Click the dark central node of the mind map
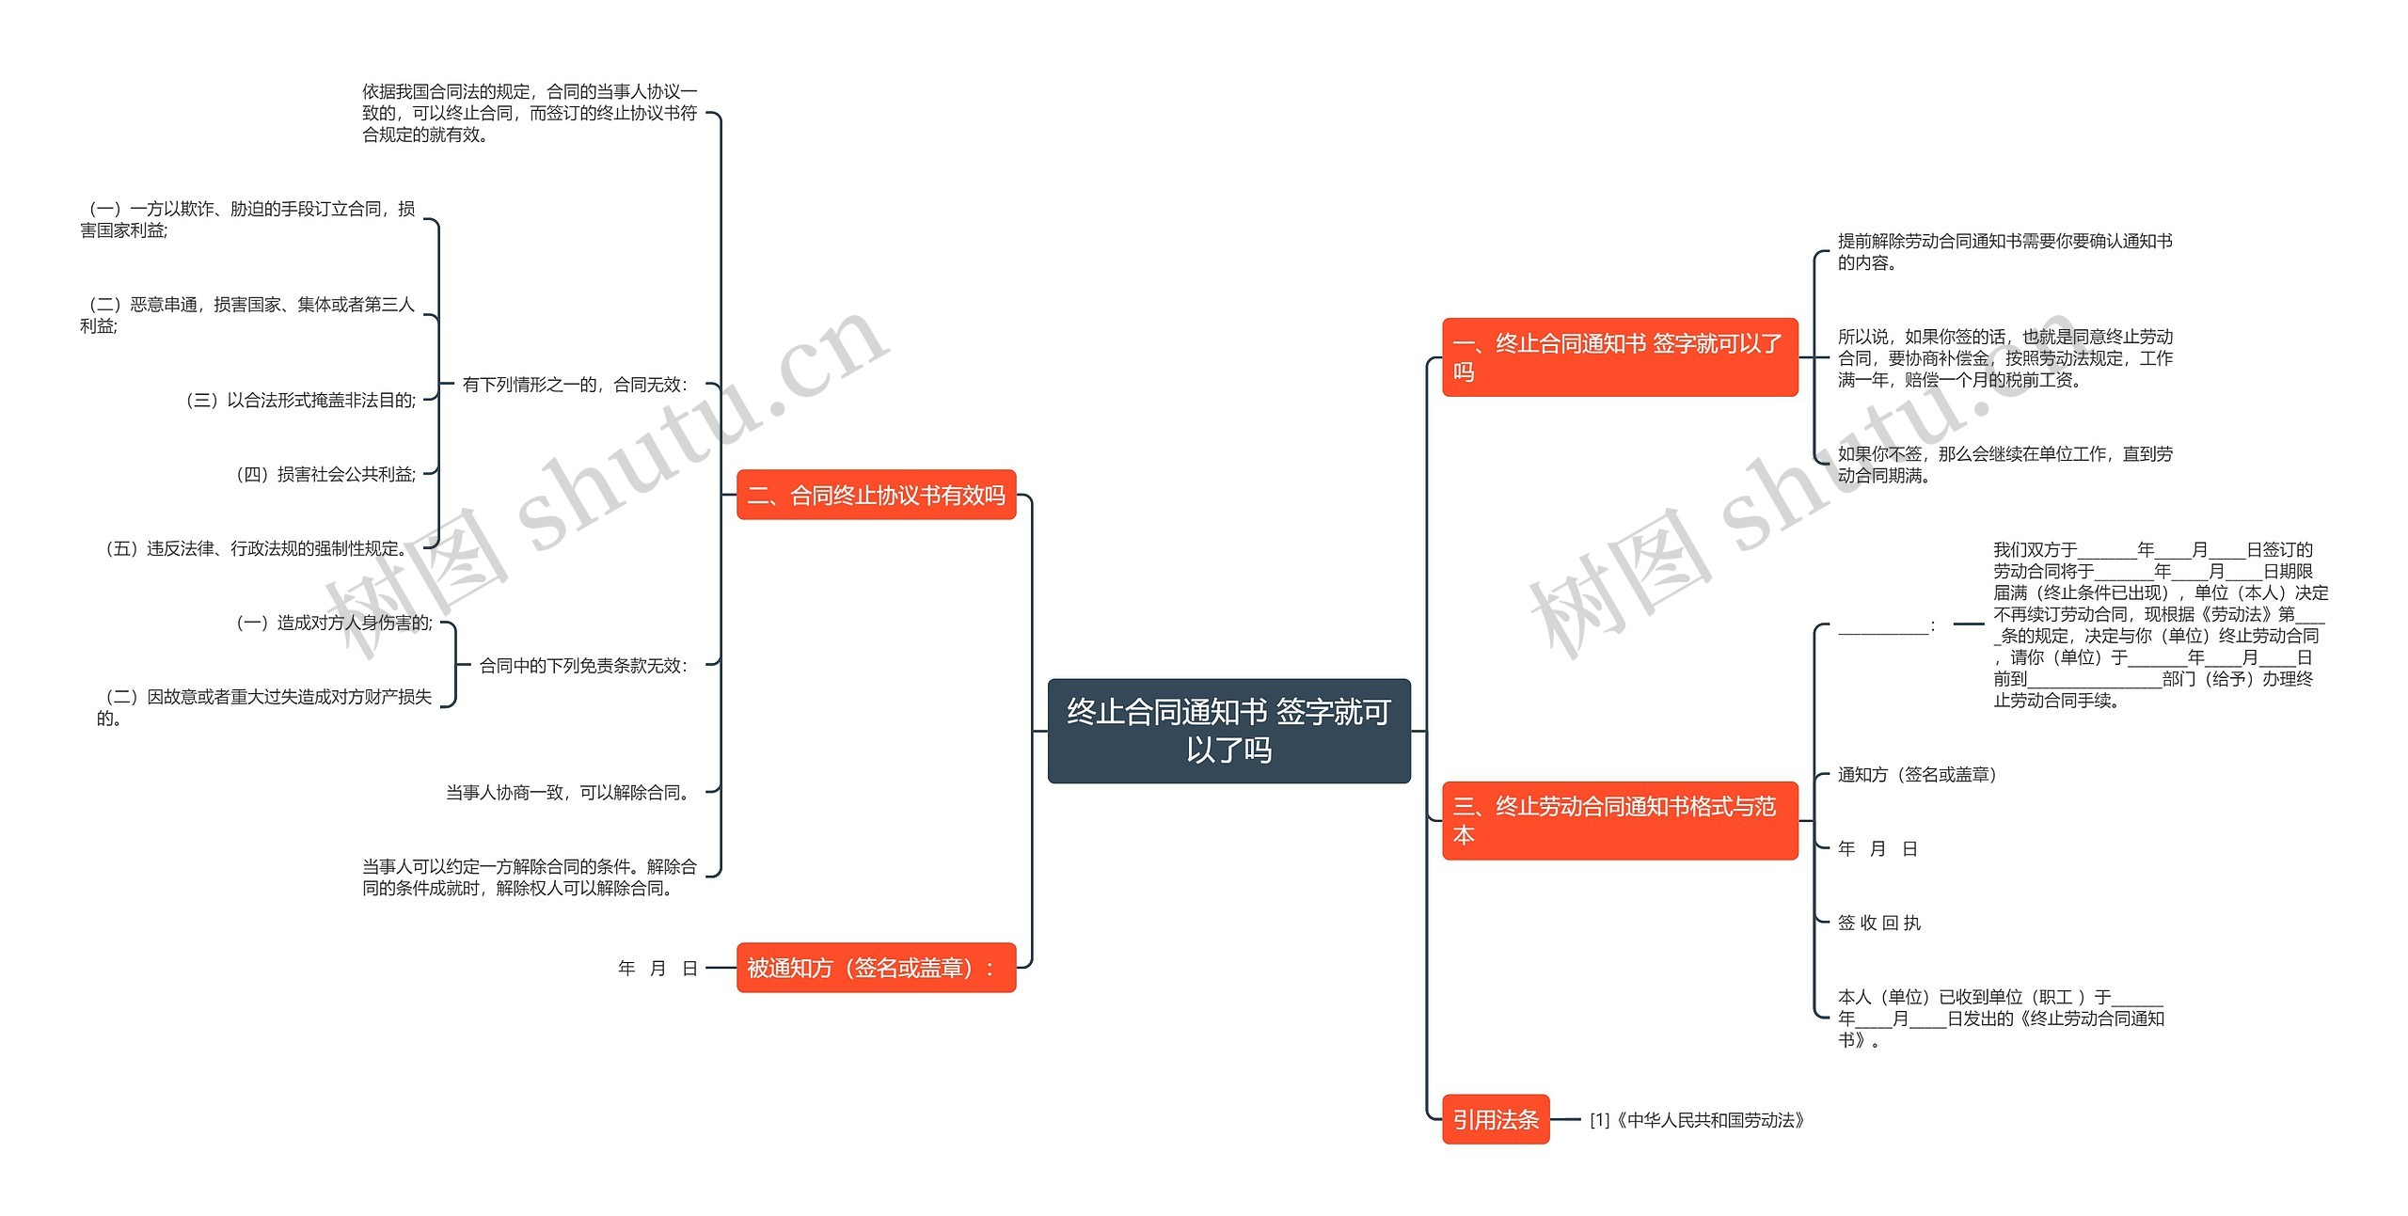pos(1228,731)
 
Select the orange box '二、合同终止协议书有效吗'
pos(876,495)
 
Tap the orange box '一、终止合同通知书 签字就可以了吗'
pos(1619,357)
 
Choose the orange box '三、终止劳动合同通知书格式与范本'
pos(1619,820)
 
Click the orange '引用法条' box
pos(1495,1119)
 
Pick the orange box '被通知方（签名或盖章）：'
pos(876,968)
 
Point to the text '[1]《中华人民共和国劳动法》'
pos(1696,1120)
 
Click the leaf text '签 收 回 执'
pos(1878,924)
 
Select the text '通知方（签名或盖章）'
pos(1916,775)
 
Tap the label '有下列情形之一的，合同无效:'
pos(575,385)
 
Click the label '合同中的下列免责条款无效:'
pos(583,666)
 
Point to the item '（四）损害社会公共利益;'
pos(325,475)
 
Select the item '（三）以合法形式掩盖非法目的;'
pos(300,401)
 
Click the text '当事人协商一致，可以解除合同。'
pos(570,793)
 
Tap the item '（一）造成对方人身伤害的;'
pos(334,623)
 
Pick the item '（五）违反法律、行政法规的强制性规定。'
pos(255,548)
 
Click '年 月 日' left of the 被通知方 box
pos(657,969)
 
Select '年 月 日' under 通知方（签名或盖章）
pos(1877,849)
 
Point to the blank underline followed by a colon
pos(1885,625)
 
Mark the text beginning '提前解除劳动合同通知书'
pos(2004,252)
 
